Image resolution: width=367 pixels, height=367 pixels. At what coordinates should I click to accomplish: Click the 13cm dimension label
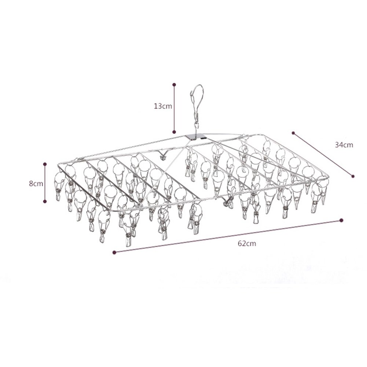pos(163,106)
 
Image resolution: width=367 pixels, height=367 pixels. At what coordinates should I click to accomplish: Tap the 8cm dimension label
pos(36,183)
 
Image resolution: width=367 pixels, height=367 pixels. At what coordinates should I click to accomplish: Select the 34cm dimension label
pos(344,145)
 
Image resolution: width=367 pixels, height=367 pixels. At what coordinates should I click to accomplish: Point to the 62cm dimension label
pos(247,243)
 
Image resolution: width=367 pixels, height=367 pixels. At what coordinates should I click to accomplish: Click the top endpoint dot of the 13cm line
pos(174,84)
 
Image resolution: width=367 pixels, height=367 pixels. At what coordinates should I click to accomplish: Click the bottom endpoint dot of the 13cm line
pos(174,132)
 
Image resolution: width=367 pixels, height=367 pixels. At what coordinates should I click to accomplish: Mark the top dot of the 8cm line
pos(45,164)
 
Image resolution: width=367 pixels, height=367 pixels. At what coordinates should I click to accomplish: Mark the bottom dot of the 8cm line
pos(45,201)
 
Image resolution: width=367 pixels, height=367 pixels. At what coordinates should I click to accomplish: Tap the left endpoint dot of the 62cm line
pos(114,252)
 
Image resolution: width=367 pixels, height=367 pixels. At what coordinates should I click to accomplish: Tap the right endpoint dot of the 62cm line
pos(341,220)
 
